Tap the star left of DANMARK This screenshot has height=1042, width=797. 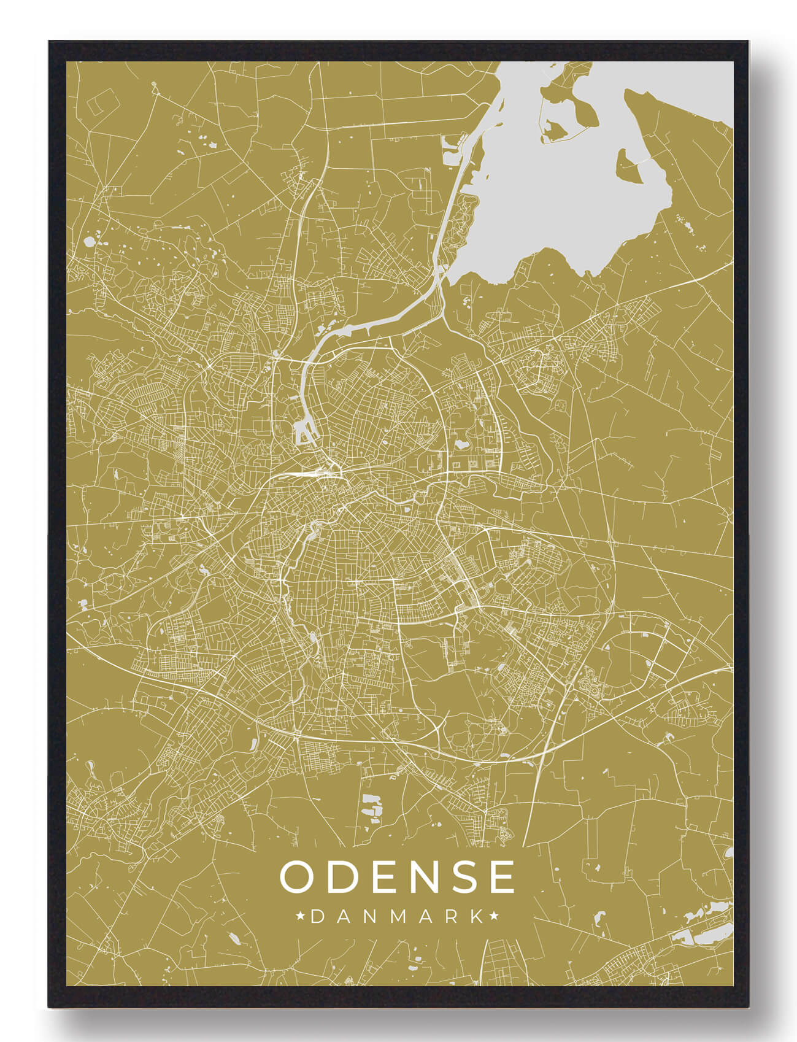tap(301, 917)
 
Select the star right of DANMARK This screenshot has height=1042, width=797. tap(494, 917)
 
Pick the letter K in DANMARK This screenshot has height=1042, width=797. tap(476, 917)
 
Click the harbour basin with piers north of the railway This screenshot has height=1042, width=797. tap(305, 433)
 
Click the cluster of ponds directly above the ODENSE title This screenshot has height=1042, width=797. tap(372, 805)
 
